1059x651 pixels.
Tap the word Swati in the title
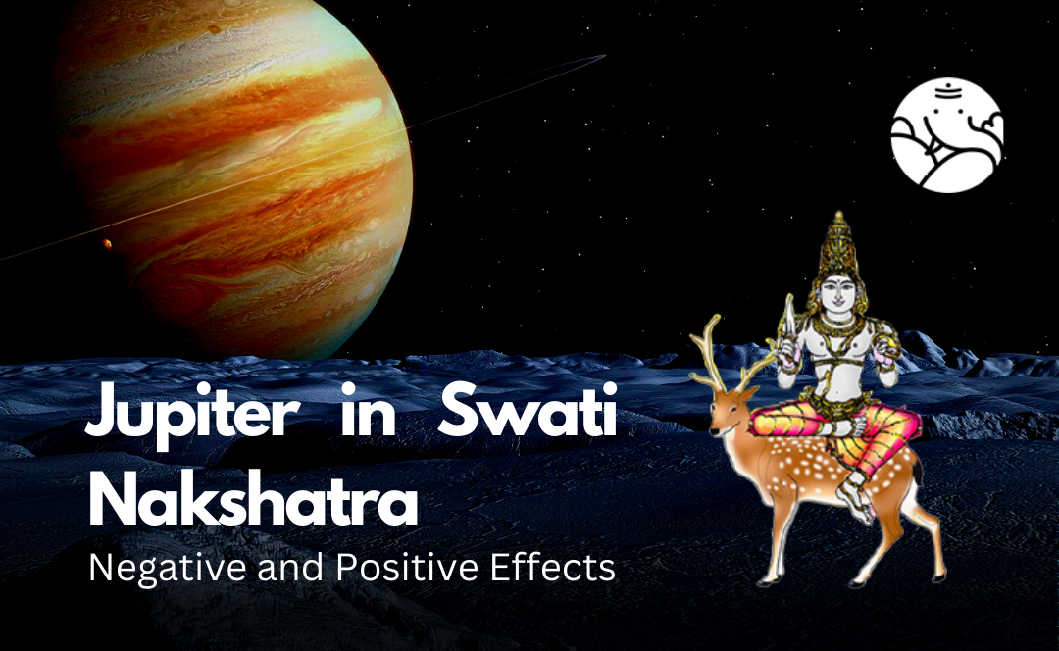click(528, 409)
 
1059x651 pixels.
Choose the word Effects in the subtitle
click(552, 568)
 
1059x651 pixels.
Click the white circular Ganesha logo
click(947, 135)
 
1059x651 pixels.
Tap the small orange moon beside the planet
click(107, 243)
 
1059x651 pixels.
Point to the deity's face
click(838, 294)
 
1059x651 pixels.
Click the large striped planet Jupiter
click(229, 175)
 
